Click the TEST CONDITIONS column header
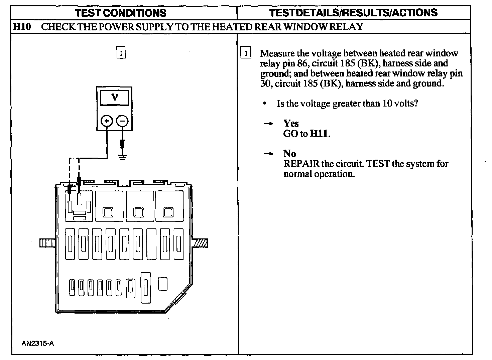coord(121,13)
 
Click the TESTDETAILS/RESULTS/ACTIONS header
coord(353,13)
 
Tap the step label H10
coord(22,27)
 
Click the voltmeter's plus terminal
coord(107,121)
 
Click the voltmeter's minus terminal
coord(122,121)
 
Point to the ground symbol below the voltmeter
coord(123,157)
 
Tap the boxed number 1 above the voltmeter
coord(121,53)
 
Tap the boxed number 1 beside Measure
coord(246,53)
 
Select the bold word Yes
coord(291,124)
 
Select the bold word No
coord(289,154)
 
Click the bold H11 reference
coord(319,134)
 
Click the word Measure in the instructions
coord(277,53)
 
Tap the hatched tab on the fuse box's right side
coord(200,243)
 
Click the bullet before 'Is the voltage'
coord(265,104)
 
